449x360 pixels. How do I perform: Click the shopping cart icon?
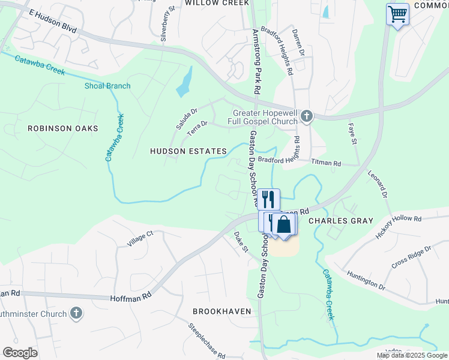[x=397, y=14]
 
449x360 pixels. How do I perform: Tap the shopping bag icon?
[x=284, y=225]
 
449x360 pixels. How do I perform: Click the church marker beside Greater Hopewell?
[x=307, y=116]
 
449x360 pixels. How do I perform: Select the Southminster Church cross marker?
[x=76, y=313]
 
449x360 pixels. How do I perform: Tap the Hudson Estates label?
[x=188, y=152]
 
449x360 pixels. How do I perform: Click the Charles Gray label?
[x=340, y=221]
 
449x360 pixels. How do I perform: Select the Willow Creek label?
[x=217, y=3]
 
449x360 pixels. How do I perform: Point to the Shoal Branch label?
[x=107, y=86]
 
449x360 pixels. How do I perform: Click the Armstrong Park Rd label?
[x=256, y=60]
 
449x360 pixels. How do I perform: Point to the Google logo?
[x=20, y=352]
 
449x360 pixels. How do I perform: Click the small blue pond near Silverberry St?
[x=185, y=82]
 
